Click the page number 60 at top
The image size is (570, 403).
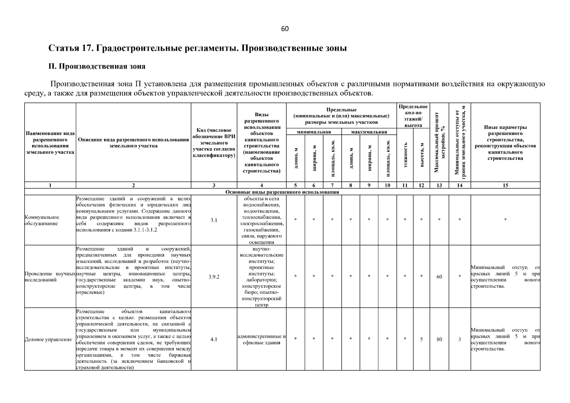tap(284, 29)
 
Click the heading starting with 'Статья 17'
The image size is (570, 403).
tap(198, 48)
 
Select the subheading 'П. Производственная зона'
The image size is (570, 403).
tap(97, 66)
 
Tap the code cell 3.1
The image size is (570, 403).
tap(214, 220)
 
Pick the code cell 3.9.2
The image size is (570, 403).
tap(214, 277)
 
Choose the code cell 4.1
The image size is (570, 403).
tap(214, 339)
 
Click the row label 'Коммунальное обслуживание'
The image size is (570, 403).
tap(42, 220)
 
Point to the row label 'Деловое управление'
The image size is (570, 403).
tap(48, 340)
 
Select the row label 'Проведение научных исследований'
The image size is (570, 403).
tap(50, 277)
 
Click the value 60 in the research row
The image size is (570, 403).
tap(439, 277)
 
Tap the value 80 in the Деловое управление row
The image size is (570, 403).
tap(439, 339)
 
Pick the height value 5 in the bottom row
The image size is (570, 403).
tap(421, 339)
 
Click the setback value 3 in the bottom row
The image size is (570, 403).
tap(459, 339)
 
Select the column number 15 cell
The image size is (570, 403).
tap(505, 185)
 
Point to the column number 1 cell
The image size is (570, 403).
tap(50, 185)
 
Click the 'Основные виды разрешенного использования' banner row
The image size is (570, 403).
tap(282, 192)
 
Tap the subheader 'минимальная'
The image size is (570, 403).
tap(314, 132)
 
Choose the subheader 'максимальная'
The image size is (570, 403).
tap(369, 132)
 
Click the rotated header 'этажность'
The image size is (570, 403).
tap(405, 155)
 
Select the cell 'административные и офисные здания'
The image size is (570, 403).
tap(261, 340)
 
